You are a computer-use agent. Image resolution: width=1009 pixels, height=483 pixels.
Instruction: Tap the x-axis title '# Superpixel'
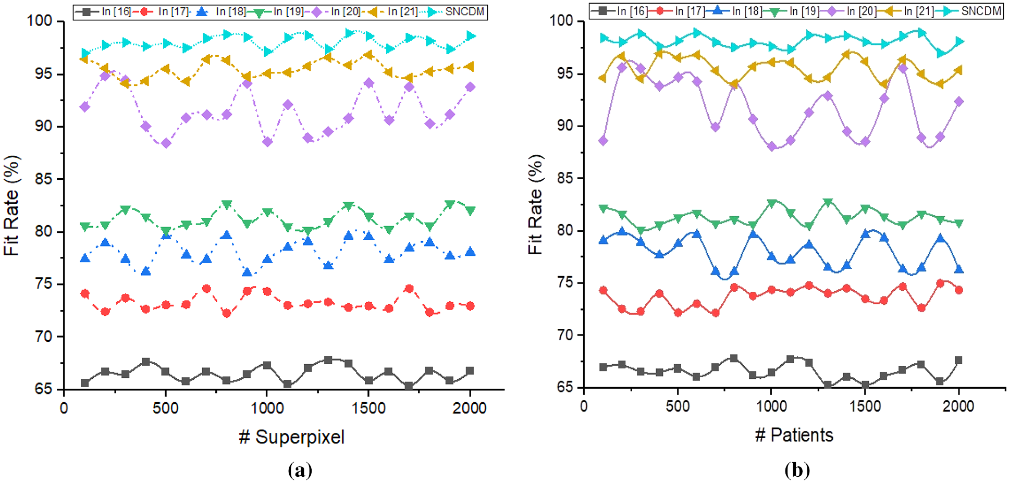point(292,437)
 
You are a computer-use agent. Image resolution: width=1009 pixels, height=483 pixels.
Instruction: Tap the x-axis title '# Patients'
point(794,435)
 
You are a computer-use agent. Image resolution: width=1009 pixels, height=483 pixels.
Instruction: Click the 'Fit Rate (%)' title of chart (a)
point(11,205)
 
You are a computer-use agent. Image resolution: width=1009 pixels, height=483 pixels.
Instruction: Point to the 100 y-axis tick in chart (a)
point(40,21)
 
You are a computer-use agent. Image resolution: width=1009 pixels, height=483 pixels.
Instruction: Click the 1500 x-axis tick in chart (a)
point(368,408)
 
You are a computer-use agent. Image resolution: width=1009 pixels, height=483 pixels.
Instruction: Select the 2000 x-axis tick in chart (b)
point(958,406)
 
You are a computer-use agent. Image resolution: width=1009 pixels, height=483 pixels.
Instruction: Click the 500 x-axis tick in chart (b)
point(678,406)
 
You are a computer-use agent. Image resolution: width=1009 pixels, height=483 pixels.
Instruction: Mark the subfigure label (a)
point(300,470)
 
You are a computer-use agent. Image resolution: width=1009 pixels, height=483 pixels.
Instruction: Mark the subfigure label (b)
point(797,470)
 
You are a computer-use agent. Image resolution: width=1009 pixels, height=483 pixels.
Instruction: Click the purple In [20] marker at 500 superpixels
point(166,143)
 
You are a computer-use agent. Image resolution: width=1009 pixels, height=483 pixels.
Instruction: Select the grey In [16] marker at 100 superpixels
point(85,383)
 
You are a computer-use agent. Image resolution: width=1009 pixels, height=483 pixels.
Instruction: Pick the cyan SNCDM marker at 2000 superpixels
point(471,36)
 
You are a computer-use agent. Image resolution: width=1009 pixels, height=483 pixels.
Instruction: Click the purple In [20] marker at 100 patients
point(603,141)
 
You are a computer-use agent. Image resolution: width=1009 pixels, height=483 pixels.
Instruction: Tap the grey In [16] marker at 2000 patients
point(958,360)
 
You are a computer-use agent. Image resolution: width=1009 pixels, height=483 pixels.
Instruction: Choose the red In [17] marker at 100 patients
point(603,290)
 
